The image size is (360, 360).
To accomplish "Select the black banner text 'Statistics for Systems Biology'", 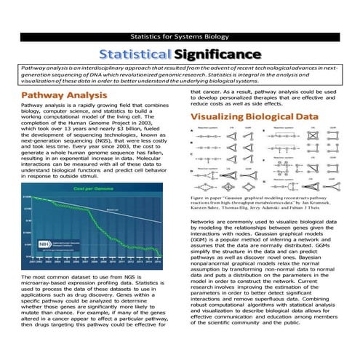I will pyautogui.click(x=180, y=36).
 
